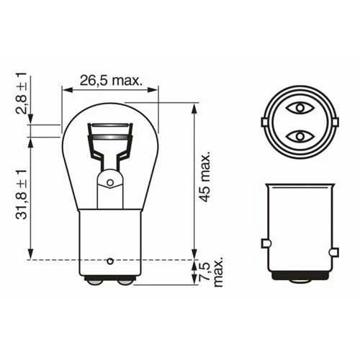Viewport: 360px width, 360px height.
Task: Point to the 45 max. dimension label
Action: coord(204,177)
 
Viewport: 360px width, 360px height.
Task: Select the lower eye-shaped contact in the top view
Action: coord(298,135)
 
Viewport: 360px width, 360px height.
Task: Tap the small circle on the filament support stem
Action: coord(109,184)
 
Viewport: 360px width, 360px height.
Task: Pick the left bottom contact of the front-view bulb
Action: coord(92,282)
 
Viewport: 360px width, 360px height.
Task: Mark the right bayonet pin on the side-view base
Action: coord(333,252)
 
